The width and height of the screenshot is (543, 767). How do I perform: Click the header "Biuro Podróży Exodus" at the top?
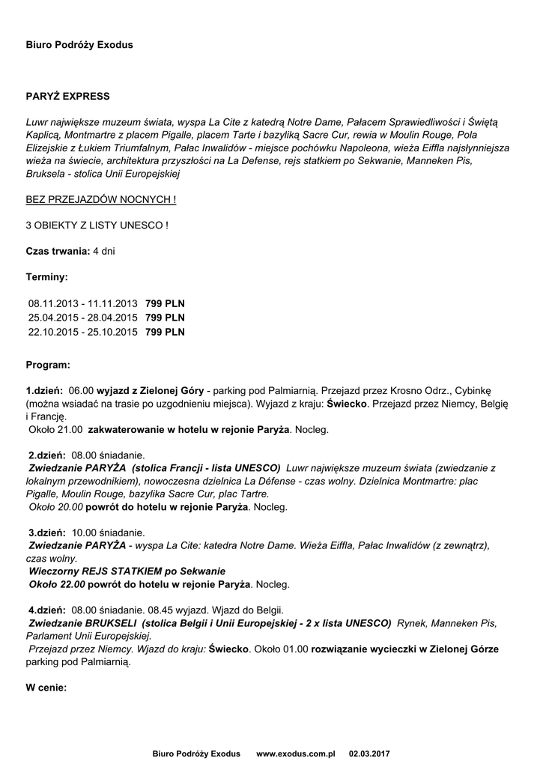pyautogui.click(x=79, y=45)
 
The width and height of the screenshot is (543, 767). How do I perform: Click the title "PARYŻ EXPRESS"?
pyautogui.click(x=67, y=97)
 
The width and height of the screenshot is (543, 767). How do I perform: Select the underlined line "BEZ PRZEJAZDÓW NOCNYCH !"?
pyautogui.click(x=101, y=201)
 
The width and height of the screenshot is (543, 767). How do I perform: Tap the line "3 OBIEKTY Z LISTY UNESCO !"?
pyautogui.click(x=97, y=225)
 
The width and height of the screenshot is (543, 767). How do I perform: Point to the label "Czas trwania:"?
pyautogui.click(x=58, y=250)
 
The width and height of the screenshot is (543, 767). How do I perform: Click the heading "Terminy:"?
pyautogui.click(x=46, y=276)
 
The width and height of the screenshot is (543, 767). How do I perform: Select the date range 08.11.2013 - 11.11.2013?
pyautogui.click(x=83, y=303)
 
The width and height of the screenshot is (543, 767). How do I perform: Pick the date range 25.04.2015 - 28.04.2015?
pyautogui.click(x=83, y=318)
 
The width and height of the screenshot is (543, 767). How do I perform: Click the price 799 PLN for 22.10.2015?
pyautogui.click(x=165, y=332)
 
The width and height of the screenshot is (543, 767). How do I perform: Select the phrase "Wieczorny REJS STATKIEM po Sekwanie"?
pyautogui.click(x=127, y=571)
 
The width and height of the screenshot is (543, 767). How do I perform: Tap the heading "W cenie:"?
pyautogui.click(x=46, y=686)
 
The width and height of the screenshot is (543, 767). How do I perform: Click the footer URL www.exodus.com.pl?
pyautogui.click(x=295, y=753)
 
